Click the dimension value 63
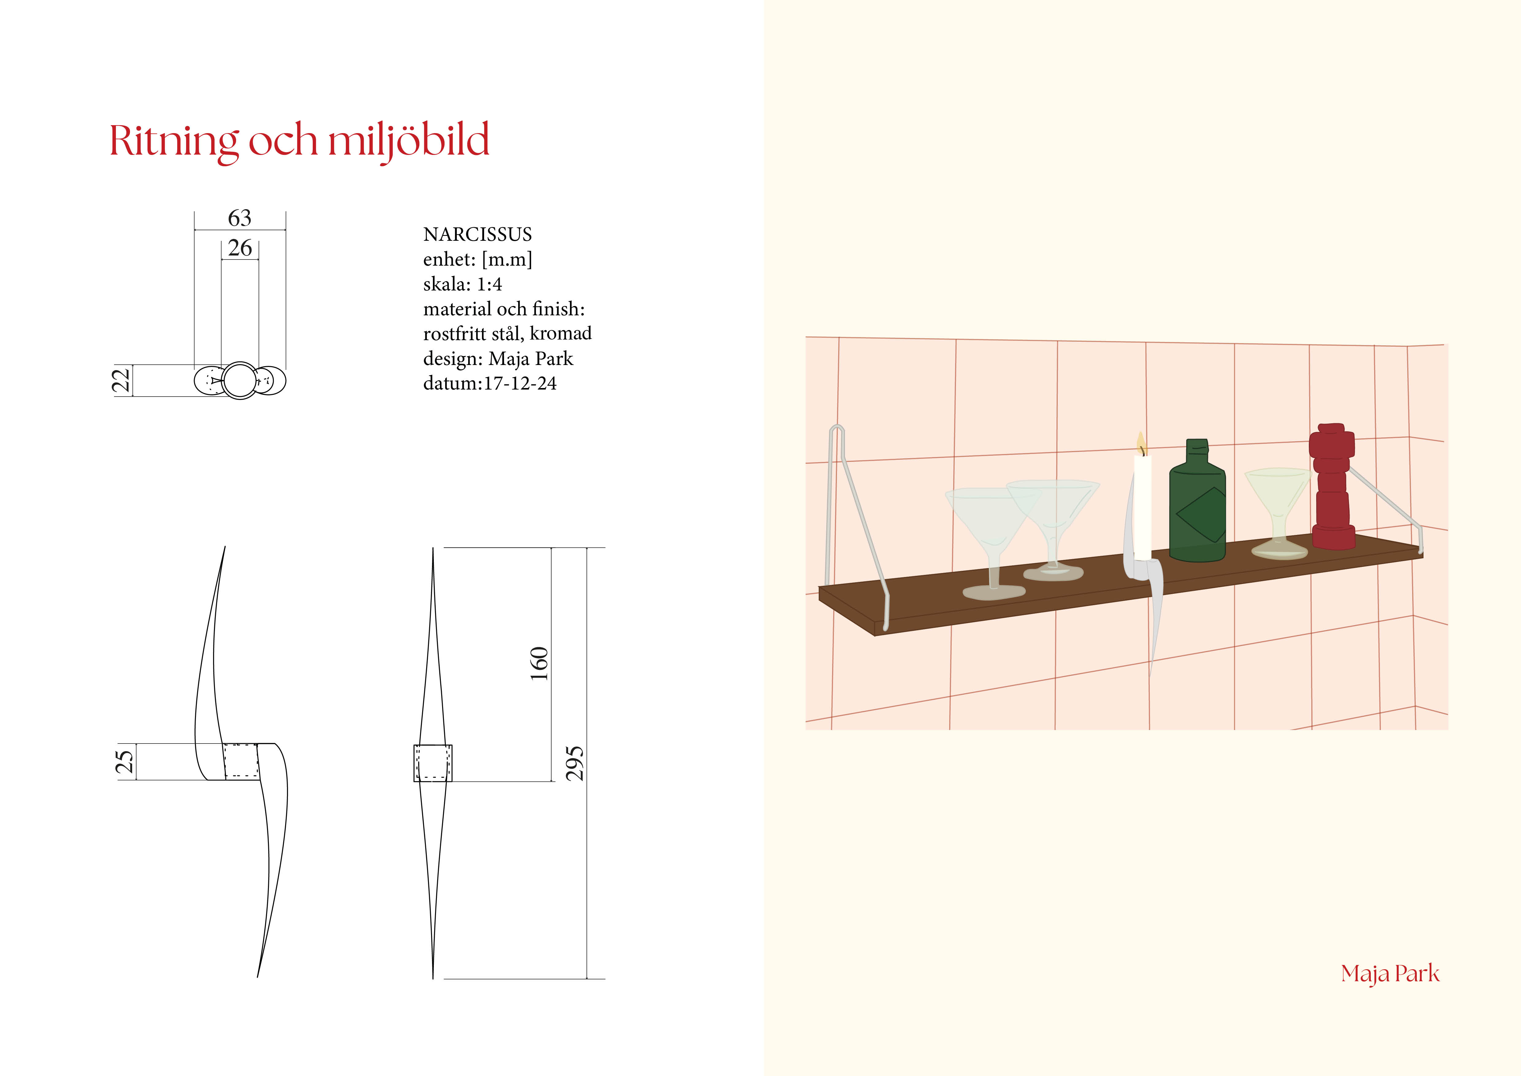(240, 218)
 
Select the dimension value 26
(240, 248)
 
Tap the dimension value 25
(124, 762)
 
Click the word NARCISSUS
(478, 235)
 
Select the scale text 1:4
(490, 284)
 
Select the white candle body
(1143, 507)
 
